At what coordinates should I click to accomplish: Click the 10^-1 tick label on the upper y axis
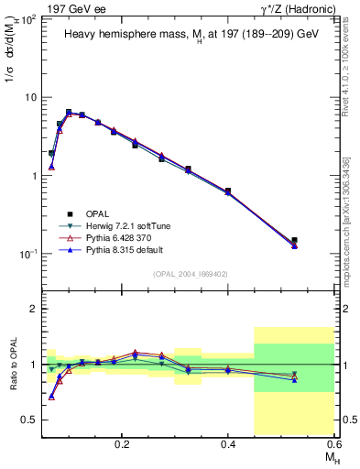tap(27, 254)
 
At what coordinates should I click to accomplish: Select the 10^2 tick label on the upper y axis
tap(27, 19)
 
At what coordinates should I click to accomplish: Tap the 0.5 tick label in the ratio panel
tap(27, 420)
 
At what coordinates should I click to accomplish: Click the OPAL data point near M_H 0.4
tap(228, 191)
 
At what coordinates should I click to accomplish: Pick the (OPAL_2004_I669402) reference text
tap(190, 272)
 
